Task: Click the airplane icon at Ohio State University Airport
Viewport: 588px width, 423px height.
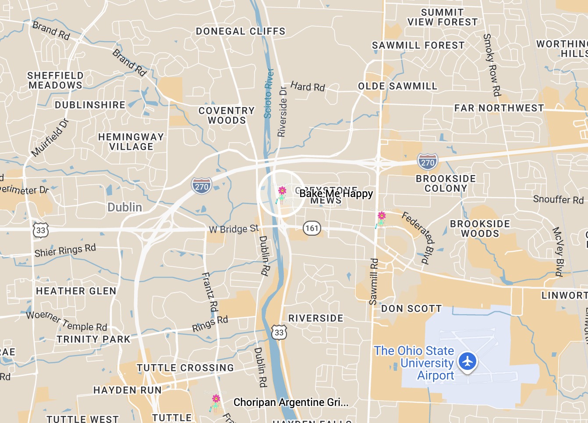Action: [468, 362]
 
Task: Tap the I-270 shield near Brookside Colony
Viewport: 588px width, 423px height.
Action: [427, 162]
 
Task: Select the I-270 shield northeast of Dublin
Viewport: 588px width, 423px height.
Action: [202, 186]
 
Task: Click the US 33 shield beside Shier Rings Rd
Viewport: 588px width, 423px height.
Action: [41, 230]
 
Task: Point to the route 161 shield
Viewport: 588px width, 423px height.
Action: [312, 228]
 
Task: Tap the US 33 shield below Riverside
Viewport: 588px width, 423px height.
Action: [279, 332]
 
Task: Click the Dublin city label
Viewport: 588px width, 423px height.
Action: [125, 207]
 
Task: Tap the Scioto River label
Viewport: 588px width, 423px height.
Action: [268, 93]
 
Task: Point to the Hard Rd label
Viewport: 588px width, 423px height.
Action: [308, 86]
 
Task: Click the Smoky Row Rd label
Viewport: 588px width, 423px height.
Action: [492, 65]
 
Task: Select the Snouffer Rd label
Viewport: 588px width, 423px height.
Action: [558, 200]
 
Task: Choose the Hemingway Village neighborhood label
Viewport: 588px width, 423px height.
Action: [131, 142]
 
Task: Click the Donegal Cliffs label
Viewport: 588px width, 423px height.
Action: [241, 32]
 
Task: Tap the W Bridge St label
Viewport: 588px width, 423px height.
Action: [234, 229]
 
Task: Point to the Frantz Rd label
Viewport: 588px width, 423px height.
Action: [209, 292]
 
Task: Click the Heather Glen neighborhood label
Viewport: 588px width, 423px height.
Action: [76, 291]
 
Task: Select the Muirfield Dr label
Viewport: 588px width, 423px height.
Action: [50, 137]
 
